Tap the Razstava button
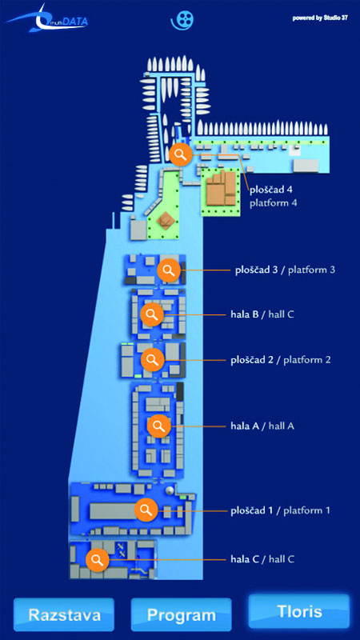(x=64, y=614)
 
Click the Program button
(x=182, y=614)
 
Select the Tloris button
(x=299, y=611)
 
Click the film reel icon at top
(x=182, y=19)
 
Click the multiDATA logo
(x=47, y=19)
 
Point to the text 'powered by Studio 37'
(x=320, y=18)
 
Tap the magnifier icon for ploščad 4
(x=181, y=154)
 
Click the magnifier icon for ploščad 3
(x=169, y=270)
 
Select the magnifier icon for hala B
(x=152, y=314)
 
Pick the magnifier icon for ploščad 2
(x=153, y=359)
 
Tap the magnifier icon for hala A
(x=158, y=426)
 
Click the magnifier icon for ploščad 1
(x=146, y=510)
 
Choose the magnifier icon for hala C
(x=97, y=559)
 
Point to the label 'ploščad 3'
(x=257, y=270)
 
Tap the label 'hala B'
(x=244, y=314)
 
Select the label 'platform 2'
(x=307, y=360)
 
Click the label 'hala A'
(x=245, y=426)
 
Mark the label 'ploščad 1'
(x=252, y=510)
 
